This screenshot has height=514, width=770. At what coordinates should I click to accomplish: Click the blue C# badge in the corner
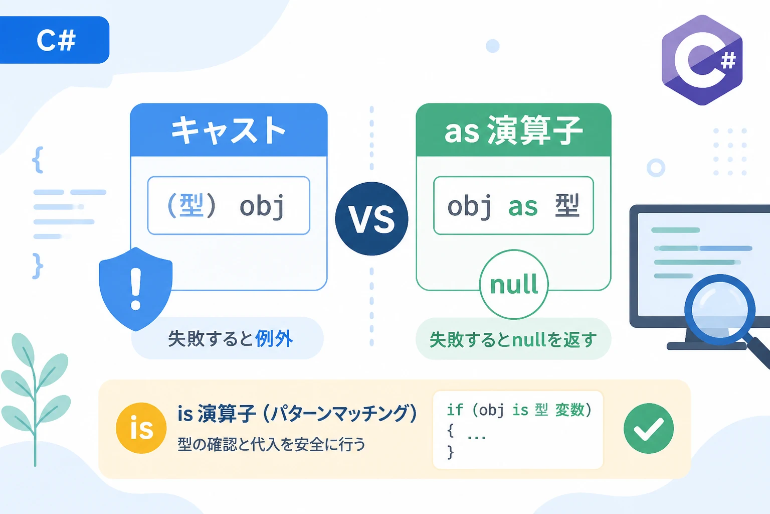coord(54,40)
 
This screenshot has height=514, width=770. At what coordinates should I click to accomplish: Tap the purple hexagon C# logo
coord(702,60)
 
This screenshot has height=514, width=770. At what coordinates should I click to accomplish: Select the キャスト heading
coord(229,130)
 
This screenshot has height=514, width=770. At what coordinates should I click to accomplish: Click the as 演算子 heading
coord(513,130)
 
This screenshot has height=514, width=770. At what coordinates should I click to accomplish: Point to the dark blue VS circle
coord(371,219)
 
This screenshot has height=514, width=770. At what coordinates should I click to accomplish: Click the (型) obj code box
coord(229,205)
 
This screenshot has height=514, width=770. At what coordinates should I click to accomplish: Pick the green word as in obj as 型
coord(522,207)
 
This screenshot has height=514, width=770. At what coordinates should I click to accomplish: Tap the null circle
coord(514,285)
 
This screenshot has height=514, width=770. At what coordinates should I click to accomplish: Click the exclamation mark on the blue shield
coord(136,289)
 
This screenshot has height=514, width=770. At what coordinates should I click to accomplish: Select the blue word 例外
coord(274,338)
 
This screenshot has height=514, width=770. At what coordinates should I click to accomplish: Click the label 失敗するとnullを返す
coord(513,339)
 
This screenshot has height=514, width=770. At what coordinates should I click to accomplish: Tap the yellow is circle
coord(141,428)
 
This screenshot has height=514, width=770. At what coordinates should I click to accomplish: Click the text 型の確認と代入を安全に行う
coord(271,444)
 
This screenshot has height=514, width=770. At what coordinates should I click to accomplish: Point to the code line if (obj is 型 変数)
coord(519,410)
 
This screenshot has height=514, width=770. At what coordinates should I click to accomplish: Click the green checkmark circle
coord(649,428)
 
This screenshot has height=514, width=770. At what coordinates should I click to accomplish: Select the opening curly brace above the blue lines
coord(38,160)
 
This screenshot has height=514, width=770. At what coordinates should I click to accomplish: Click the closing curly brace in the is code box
coord(451,452)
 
